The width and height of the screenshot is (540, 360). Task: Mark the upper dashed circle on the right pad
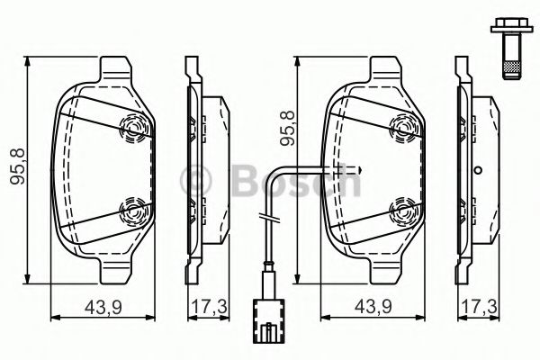coord(402,130)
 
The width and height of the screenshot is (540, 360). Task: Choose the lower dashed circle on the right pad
coord(402,212)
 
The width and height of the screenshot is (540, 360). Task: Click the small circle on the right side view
coord(480,169)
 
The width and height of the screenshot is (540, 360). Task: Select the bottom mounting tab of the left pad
coord(113,268)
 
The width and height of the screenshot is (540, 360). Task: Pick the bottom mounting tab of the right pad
coord(382,268)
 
